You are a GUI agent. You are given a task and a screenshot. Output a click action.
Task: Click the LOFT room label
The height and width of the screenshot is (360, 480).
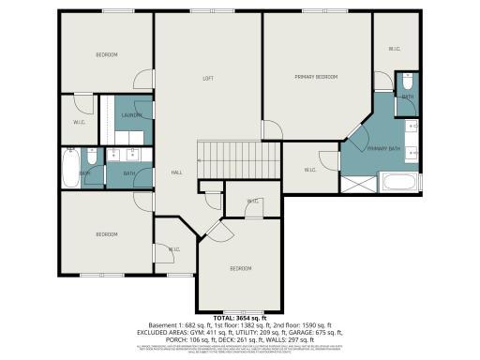208,78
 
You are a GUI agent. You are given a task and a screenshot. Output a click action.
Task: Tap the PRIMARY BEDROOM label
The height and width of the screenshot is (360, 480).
316,77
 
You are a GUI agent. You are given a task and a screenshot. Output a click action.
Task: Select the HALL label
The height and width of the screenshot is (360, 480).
176,173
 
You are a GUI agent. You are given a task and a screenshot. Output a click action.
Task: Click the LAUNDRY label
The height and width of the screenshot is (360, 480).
132,115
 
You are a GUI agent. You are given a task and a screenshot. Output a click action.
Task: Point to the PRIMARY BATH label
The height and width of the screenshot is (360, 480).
384,149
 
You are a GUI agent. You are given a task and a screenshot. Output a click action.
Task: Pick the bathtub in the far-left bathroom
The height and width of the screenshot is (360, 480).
70,169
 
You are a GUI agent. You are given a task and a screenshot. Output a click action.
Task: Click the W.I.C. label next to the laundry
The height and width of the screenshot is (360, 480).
80,122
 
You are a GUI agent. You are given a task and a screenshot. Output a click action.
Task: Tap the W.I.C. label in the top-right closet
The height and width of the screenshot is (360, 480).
395,49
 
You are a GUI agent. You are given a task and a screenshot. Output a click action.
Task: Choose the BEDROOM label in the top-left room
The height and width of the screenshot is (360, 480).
107,55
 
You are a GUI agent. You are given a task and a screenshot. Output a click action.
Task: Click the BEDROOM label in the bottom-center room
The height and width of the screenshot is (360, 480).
242,269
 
